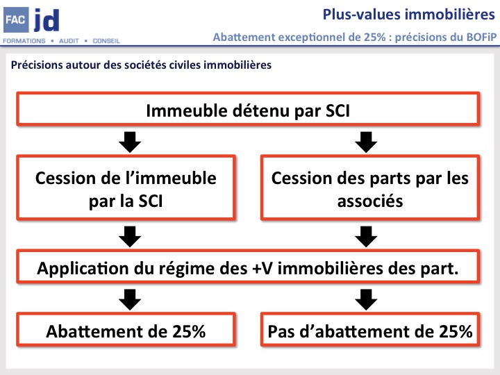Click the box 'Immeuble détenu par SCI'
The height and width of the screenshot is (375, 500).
tap(248, 110)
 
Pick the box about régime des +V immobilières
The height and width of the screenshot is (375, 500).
tap(248, 268)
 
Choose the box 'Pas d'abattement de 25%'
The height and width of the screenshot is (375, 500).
tap(370, 331)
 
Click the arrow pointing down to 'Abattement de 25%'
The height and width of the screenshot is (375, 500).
tap(129, 300)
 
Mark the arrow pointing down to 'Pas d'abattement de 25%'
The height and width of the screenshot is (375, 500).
tap(366, 300)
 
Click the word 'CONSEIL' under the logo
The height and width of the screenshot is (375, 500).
tap(106, 41)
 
